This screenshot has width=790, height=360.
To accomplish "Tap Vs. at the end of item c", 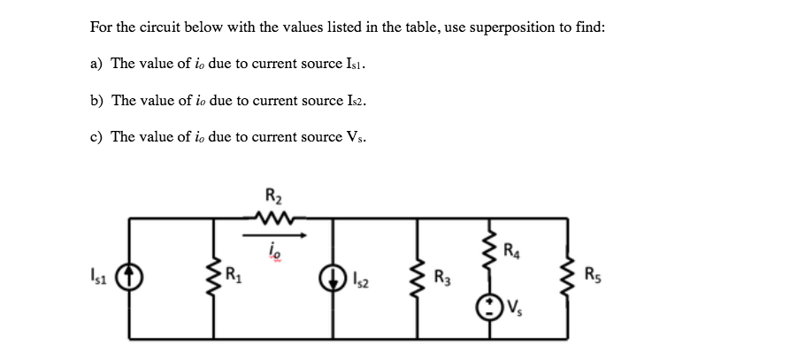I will pos(358,137).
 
